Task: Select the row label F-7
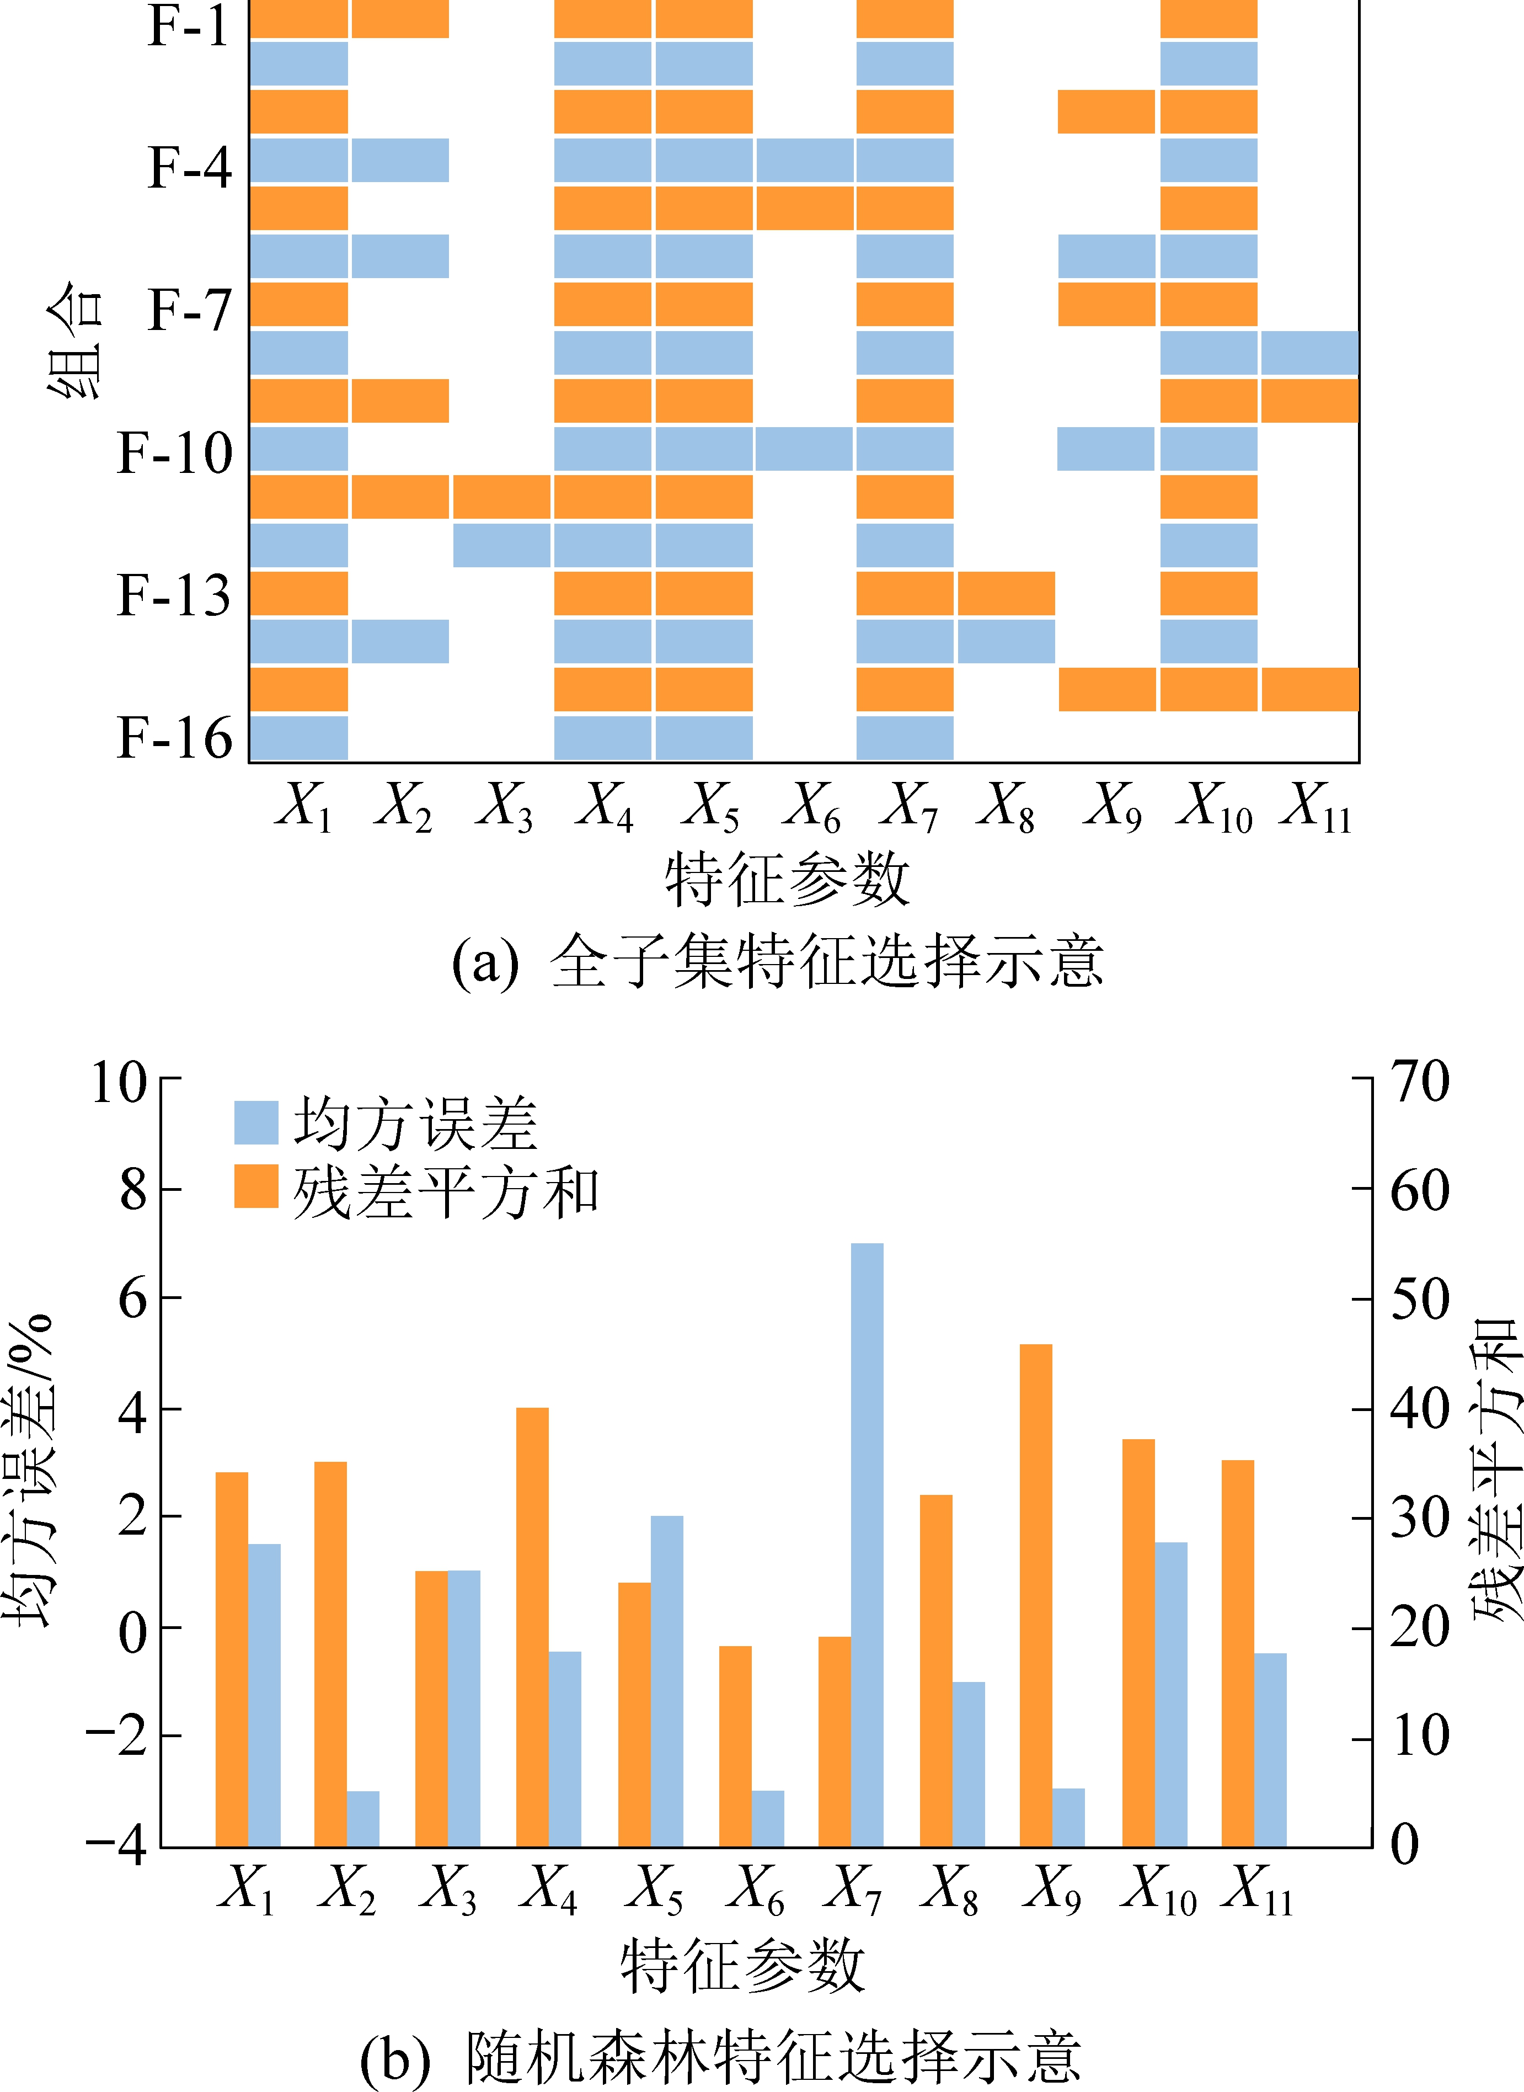click(x=190, y=309)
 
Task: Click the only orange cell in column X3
click(x=501, y=497)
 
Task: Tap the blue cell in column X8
click(x=1006, y=641)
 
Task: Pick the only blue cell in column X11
click(x=1309, y=353)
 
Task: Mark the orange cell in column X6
click(x=804, y=209)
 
